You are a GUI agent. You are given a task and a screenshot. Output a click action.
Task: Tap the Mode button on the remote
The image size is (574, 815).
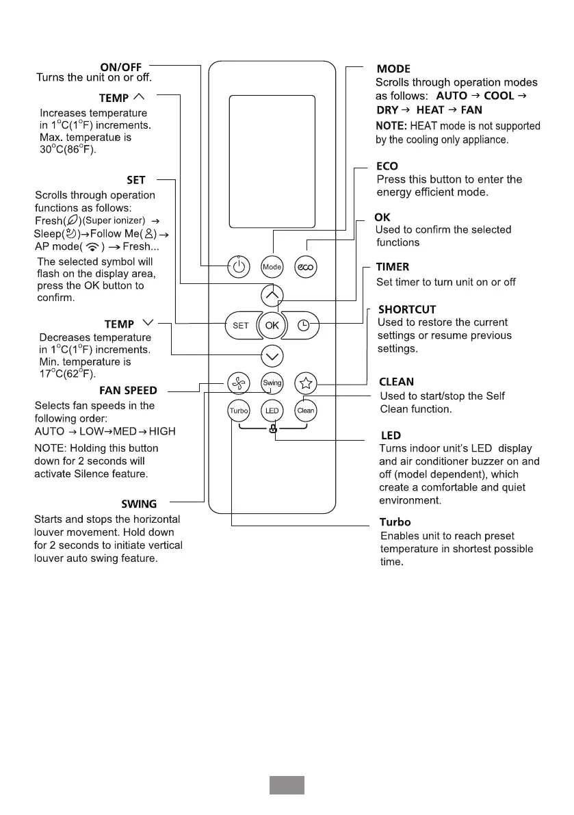(272, 267)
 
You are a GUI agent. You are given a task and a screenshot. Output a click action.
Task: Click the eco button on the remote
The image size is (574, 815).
(305, 267)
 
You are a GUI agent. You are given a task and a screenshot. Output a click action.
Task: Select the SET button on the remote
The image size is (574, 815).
(240, 326)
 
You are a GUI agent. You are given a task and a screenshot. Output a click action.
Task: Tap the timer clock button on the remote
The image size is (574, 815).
(304, 326)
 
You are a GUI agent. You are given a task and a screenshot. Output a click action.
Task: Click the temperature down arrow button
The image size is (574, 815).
(272, 356)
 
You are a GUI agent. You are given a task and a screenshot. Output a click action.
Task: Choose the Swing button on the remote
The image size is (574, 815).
(272, 383)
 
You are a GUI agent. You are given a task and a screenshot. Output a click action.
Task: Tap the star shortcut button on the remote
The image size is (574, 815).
(305, 383)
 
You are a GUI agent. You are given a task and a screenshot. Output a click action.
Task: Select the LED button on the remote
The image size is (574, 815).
(272, 411)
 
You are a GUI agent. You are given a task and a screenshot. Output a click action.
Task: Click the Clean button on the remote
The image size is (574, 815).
(305, 411)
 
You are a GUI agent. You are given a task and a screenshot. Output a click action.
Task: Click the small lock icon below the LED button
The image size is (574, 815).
(272, 429)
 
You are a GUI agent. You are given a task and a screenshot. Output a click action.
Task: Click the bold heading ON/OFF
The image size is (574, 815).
(120, 66)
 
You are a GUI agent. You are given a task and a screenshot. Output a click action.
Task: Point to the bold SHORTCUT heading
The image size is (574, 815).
(406, 310)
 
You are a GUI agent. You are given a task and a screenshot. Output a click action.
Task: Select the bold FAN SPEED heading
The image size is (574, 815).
(128, 391)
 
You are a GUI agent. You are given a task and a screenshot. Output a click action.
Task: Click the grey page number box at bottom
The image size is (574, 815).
(286, 785)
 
